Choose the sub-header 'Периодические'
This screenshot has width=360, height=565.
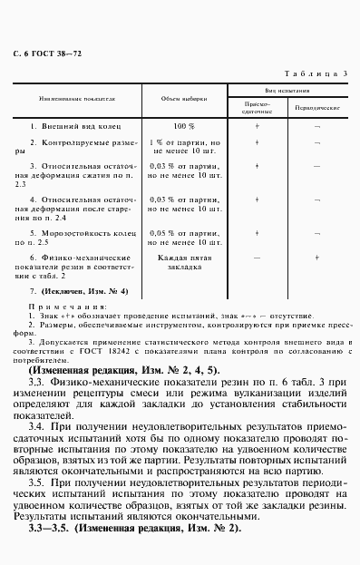pyautogui.click(x=314, y=107)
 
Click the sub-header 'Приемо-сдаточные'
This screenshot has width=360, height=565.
pyautogui.click(x=258, y=108)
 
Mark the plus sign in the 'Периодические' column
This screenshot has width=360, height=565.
pyautogui.click(x=316, y=258)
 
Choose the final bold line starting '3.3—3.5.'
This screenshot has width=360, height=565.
pyautogui.click(x=126, y=530)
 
